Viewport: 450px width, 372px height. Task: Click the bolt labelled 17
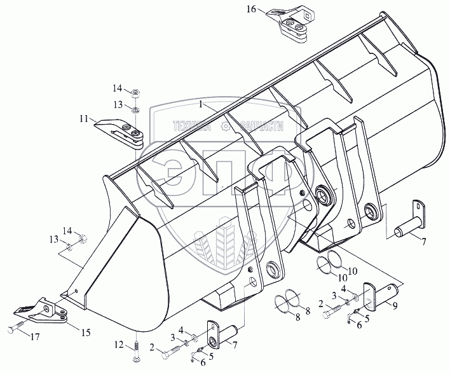tap(15, 331)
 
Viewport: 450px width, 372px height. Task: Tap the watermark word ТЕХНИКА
tap(191, 128)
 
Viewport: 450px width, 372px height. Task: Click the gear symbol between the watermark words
tap(225, 128)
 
